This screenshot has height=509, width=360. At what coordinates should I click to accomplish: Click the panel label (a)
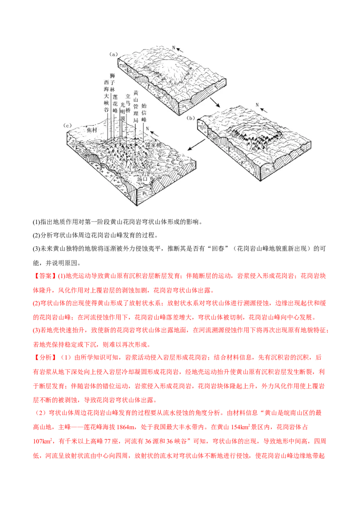click(113, 54)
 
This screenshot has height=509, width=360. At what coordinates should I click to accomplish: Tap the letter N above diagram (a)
click(173, 47)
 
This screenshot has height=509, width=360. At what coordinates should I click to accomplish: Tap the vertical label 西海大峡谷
click(107, 96)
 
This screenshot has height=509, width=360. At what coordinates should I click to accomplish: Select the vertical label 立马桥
click(128, 99)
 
